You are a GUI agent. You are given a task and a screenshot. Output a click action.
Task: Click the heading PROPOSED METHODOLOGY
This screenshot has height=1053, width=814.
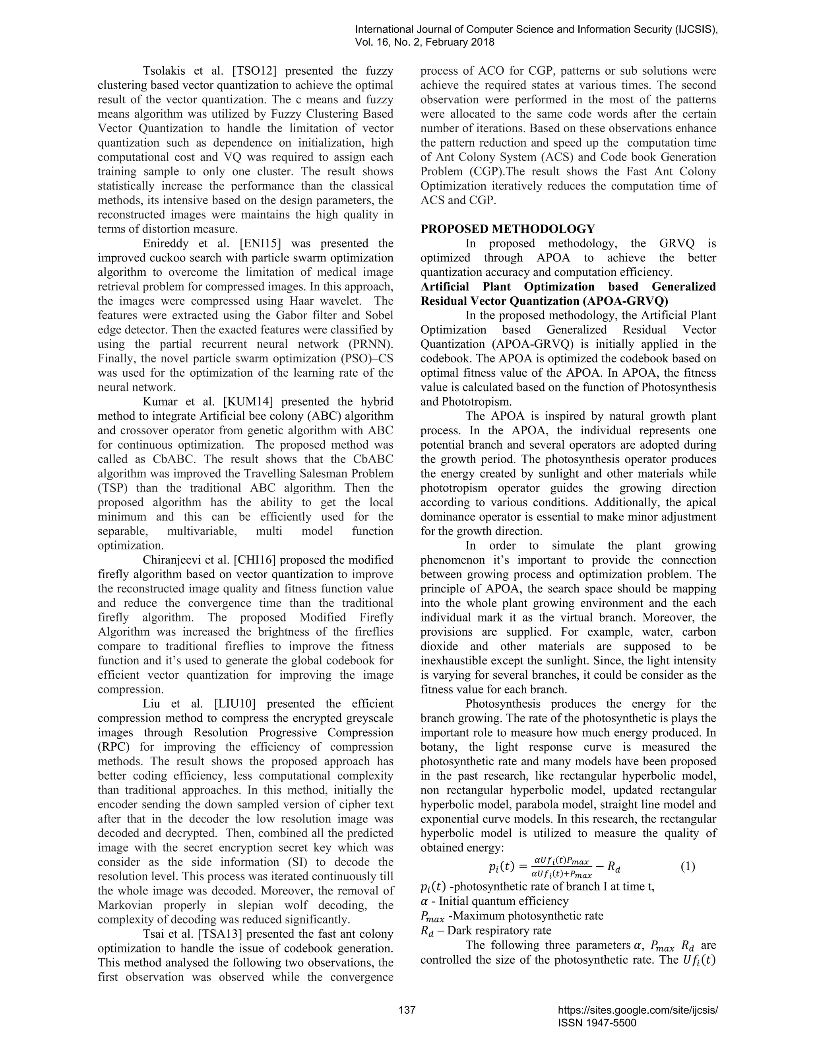tap(508, 228)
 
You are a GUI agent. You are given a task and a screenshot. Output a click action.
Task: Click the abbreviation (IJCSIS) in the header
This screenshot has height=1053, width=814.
tap(691, 29)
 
